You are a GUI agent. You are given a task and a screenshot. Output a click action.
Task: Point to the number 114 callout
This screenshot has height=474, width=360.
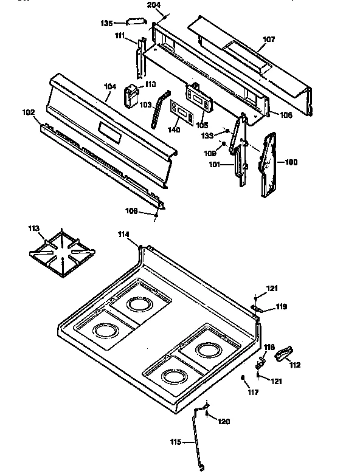[124, 233]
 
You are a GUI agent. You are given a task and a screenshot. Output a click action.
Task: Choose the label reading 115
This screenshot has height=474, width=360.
[175, 442]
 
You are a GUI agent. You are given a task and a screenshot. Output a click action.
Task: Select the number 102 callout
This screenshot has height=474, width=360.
[28, 112]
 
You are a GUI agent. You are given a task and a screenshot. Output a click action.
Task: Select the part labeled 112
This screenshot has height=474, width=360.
[284, 352]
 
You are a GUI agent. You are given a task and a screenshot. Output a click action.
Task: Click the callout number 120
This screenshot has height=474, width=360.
[224, 421]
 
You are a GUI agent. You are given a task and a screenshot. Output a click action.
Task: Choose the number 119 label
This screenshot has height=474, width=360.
[280, 307]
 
